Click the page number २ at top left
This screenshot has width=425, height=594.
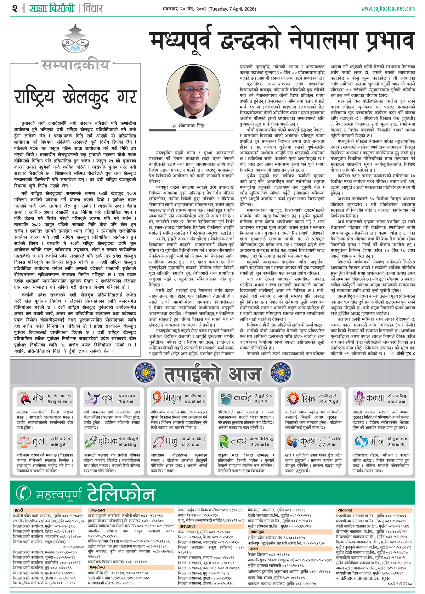click(15, 9)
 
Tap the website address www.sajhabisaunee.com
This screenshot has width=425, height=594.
click(388, 9)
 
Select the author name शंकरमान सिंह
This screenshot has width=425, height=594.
click(192, 125)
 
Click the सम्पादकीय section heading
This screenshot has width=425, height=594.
click(75, 65)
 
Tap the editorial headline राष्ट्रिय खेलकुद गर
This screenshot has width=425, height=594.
click(75, 97)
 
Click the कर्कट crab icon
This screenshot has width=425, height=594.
click(225, 398)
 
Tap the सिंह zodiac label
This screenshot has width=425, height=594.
click(308, 398)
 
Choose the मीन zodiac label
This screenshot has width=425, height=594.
click(376, 442)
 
